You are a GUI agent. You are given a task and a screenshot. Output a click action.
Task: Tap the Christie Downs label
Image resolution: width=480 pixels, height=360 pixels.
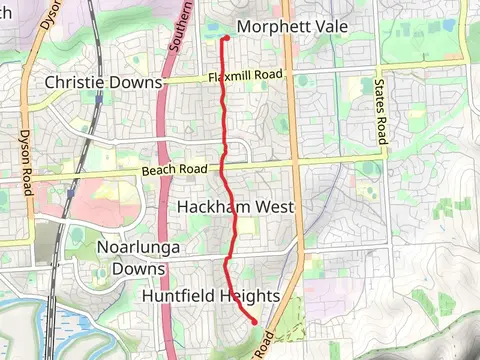[103, 81]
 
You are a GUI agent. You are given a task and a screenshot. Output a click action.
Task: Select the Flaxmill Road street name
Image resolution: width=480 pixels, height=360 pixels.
[240, 77]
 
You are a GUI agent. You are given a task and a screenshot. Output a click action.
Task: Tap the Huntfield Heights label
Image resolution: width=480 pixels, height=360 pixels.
[210, 297]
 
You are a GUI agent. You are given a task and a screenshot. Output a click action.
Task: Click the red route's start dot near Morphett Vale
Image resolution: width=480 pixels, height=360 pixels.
[226, 38]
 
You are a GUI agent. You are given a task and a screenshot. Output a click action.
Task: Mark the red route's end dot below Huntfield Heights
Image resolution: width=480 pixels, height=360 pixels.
[255, 321]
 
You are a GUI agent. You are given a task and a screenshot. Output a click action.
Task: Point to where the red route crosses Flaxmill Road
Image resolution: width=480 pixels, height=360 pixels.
[222, 77]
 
